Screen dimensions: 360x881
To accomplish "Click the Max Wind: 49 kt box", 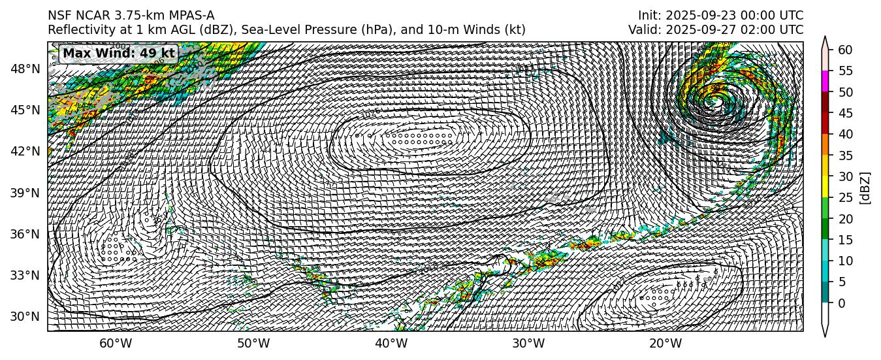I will [118, 54].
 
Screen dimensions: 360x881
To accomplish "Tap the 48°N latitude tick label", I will [27, 69].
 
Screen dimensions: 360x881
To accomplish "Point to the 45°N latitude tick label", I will [27, 110].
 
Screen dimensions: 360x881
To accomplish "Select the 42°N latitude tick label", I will [27, 151].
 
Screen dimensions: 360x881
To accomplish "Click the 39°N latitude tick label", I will [27, 193].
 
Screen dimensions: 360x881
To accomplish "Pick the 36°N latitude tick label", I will [27, 234].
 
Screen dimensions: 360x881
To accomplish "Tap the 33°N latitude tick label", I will [27, 275].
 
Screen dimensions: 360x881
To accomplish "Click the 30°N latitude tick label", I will [27, 317].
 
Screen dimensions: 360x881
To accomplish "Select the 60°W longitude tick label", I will [116, 344].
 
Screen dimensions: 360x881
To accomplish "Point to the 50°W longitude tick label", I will [253, 344].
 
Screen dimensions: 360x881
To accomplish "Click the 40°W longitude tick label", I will [391, 344].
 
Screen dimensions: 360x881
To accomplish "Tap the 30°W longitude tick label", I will [528, 344].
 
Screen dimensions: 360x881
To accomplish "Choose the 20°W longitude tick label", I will [665, 344].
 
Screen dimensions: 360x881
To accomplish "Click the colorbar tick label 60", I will [844, 50].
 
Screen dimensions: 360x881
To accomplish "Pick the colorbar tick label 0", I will [841, 303].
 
